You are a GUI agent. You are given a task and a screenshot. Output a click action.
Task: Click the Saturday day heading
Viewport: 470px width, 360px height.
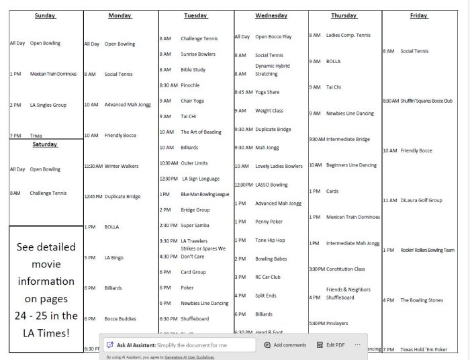pos(45,144)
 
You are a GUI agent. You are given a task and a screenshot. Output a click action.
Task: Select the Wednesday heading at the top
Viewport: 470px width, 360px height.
pos(271,15)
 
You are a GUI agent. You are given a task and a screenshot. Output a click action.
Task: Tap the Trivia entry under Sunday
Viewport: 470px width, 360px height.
pos(36,136)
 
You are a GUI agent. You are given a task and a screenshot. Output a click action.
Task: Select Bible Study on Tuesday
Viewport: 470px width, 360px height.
pos(193,69)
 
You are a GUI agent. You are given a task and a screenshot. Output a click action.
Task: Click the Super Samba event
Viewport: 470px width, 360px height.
pos(195,225)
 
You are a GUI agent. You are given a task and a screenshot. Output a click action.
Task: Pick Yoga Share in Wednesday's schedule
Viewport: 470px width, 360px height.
pos(267,92)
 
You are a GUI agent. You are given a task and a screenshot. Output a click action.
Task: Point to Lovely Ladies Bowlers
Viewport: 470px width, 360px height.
pos(279,166)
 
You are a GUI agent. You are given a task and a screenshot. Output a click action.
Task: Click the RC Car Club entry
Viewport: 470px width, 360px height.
pos(268,277)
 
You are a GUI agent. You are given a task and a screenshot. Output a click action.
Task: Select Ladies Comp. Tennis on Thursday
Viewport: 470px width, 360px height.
pos(348,35)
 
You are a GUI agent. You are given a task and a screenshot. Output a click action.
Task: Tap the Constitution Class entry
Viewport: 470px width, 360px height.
pos(346,269)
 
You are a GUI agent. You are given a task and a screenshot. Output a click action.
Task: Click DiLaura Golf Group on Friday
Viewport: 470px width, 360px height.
pos(421,200)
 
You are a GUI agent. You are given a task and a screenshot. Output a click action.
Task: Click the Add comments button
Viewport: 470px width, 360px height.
pos(285,345)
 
